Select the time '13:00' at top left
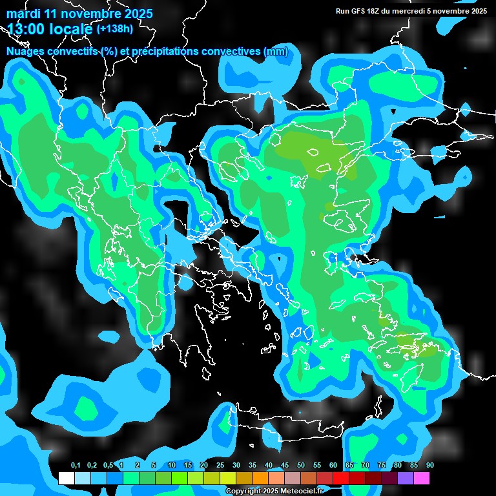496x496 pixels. [27, 28]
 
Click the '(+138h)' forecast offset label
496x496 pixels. [116, 28]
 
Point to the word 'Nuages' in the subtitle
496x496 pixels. [24, 52]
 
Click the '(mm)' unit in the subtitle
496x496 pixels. [276, 52]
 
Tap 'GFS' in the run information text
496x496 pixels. [359, 11]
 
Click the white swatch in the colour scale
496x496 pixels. [66, 479]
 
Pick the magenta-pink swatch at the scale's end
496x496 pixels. [422, 479]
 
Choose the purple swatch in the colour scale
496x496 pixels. [406, 479]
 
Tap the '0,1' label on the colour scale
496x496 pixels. [75, 466]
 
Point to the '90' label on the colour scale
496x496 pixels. [429, 466]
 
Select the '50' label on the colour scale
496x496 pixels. [301, 466]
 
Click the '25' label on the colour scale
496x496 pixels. [220, 466]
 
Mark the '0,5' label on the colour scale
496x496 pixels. [108, 466]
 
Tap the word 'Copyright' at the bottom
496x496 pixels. [243, 491]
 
